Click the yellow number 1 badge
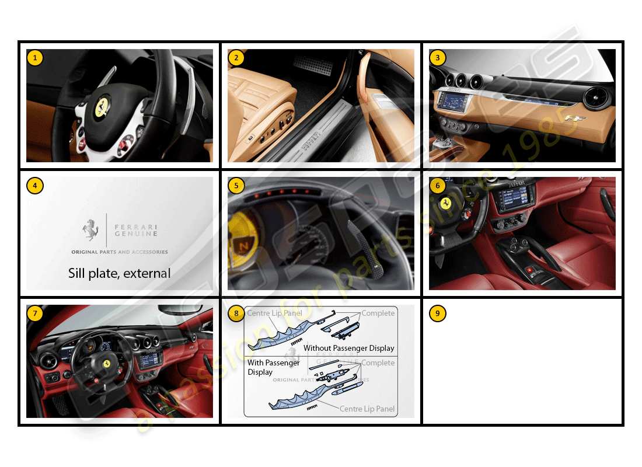point(35,58)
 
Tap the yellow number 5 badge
point(236,186)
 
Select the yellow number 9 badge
point(437,313)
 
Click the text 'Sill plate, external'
point(119,273)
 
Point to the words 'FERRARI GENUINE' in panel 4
point(135,229)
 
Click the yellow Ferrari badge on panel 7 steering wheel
point(107,363)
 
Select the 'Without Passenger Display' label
point(348,348)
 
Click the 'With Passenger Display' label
point(273,367)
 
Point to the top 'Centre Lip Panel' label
point(274,313)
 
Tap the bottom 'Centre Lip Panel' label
point(367,409)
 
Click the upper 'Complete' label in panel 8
point(378,313)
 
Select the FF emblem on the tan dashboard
point(575,119)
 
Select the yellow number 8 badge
point(236,313)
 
